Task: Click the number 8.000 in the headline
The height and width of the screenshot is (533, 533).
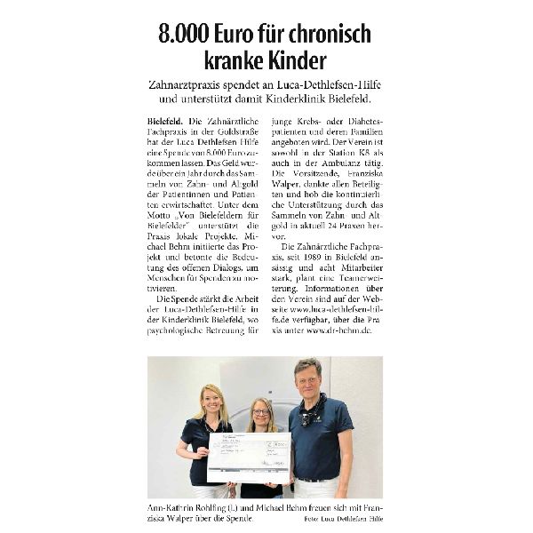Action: (184, 36)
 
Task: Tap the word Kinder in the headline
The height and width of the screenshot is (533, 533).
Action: (294, 63)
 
